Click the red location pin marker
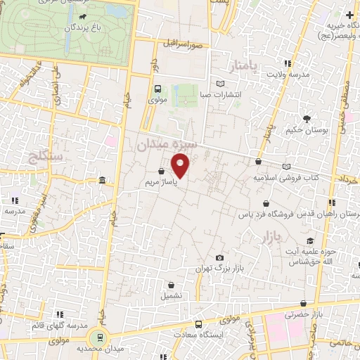(181, 167)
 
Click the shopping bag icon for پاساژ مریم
(162, 171)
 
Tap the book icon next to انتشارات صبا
(221, 84)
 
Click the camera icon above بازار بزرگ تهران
(220, 257)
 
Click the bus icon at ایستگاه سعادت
(199, 325)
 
